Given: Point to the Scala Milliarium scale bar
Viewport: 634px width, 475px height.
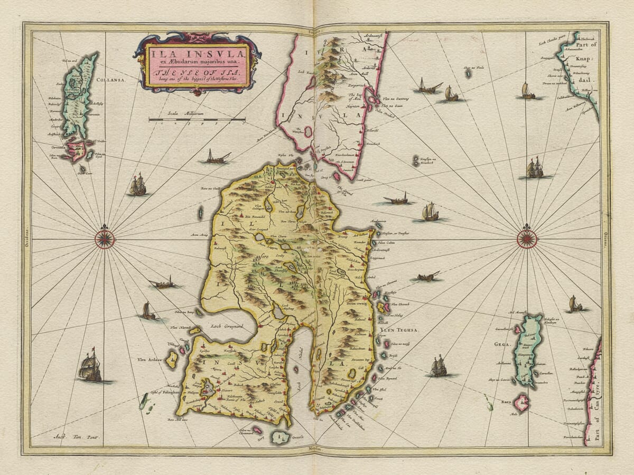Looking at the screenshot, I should pyautogui.click(x=197, y=120).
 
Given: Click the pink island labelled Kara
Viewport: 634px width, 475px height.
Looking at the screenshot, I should pyautogui.click(x=522, y=404).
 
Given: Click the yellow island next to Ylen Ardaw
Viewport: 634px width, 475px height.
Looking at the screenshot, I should pyautogui.click(x=172, y=360).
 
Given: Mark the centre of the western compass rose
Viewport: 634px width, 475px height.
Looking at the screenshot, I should pyautogui.click(x=105, y=239).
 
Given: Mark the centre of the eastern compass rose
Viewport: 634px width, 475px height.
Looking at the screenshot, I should pyautogui.click(x=526, y=239).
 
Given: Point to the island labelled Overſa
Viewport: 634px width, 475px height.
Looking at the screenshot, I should pyautogui.click(x=279, y=437).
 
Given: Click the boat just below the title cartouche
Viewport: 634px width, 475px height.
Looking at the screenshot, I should pyautogui.click(x=217, y=157).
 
